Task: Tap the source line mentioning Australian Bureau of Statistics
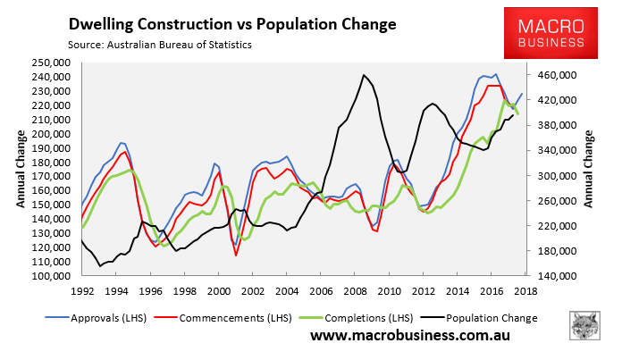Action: [158, 43]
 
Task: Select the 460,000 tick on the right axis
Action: [559, 75]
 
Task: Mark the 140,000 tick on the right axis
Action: [559, 276]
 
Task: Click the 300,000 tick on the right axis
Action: [559, 176]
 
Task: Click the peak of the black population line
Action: [365, 75]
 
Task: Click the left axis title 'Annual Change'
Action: [20, 169]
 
